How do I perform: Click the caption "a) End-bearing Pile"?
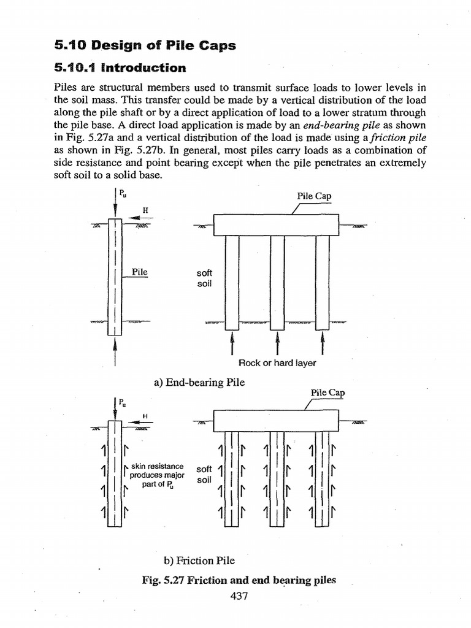click(x=199, y=382)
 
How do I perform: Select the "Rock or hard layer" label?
click(x=277, y=363)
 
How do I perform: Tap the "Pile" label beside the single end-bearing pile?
click(x=140, y=272)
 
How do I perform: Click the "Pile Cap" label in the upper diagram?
click(x=314, y=196)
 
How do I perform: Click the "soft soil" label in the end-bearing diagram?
click(x=204, y=279)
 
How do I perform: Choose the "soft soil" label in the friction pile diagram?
click(x=204, y=474)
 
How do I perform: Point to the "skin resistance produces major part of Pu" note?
click(x=157, y=475)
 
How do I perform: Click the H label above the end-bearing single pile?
click(x=145, y=210)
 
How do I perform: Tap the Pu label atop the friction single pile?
click(x=123, y=402)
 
